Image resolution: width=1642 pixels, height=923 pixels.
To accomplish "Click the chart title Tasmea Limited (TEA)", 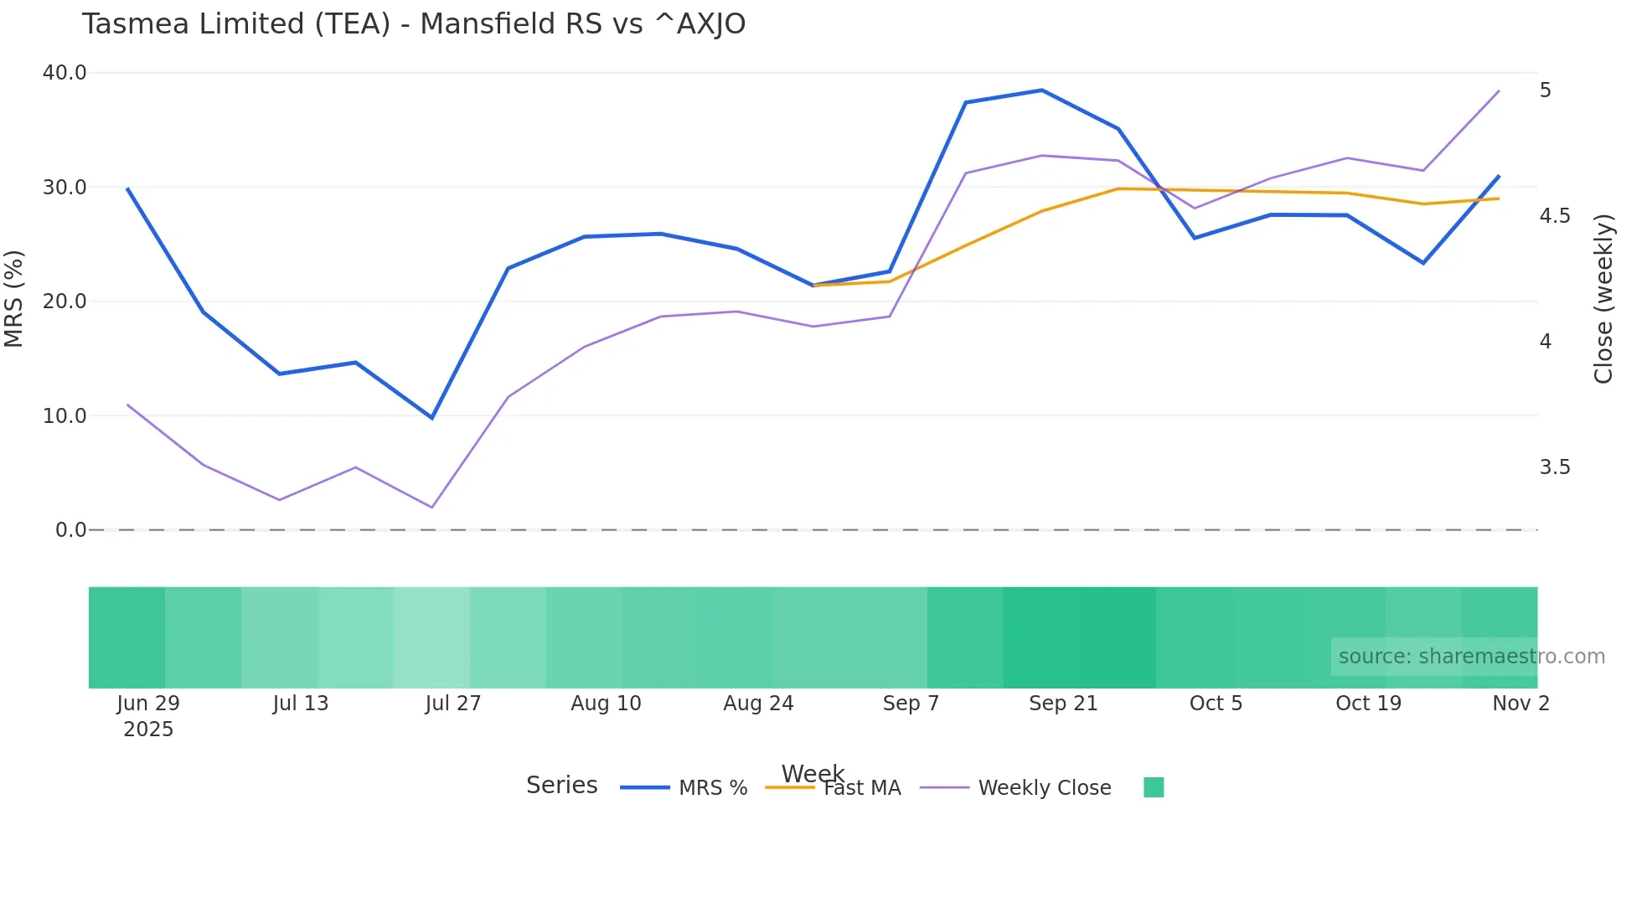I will point(413,24).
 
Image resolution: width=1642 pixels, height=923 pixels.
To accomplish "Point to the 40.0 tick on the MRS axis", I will point(65,73).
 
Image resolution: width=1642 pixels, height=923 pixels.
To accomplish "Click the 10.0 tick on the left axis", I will point(65,415).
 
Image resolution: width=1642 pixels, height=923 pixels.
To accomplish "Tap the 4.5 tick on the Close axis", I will point(1555,216).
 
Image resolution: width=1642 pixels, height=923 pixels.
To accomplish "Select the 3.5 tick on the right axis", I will point(1555,467).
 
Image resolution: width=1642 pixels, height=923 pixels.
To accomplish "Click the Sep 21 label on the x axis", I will point(1063,704).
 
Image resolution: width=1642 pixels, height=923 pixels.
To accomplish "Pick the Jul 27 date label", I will point(453,704).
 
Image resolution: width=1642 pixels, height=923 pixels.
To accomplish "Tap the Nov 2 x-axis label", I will point(1521,704).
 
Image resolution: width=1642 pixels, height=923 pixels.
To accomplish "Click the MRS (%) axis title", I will point(14,299).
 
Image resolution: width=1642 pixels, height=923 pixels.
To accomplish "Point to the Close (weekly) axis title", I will point(1603,299).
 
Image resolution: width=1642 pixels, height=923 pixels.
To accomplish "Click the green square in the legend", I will point(1154,787).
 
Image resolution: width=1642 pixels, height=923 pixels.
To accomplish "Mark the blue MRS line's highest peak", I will point(1042,90).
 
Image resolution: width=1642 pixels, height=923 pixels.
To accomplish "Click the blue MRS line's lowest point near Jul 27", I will point(432,417).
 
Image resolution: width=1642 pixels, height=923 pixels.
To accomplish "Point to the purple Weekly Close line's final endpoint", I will point(1499,91).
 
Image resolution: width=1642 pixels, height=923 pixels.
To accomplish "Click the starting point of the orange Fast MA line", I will point(813,286).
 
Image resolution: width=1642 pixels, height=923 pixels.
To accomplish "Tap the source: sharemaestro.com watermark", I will point(1471,657).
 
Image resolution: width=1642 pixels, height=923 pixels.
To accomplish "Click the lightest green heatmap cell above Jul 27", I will point(431,637).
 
